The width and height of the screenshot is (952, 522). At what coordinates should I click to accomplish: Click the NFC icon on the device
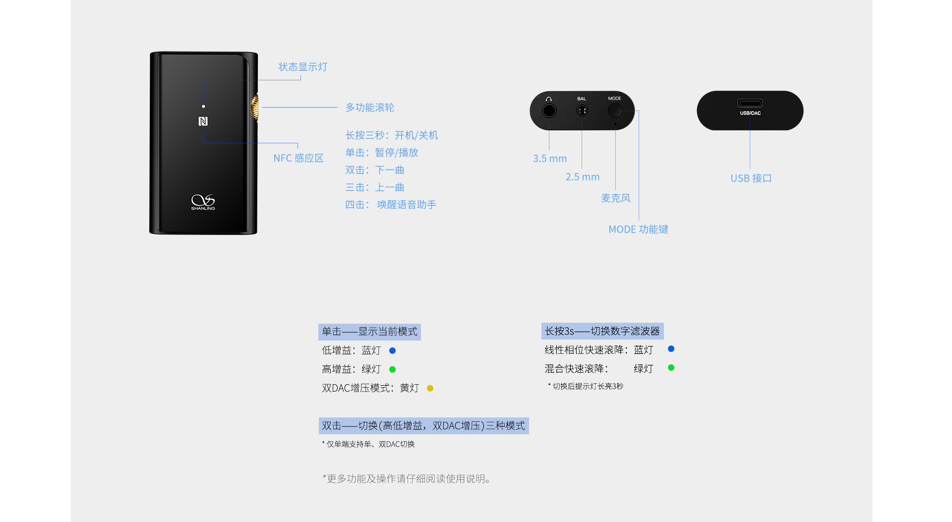pyautogui.click(x=203, y=121)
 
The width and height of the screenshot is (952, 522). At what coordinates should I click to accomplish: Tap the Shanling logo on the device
pyautogui.click(x=203, y=202)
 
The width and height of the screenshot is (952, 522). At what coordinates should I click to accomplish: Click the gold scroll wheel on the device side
pyautogui.click(x=255, y=108)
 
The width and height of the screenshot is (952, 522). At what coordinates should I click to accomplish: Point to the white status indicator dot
pyautogui.click(x=203, y=106)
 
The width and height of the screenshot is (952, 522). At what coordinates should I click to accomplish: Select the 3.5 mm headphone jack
pyautogui.click(x=549, y=111)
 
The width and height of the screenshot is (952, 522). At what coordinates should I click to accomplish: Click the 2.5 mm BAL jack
pyautogui.click(x=582, y=111)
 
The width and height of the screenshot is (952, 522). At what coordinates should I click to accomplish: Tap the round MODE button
pyautogui.click(x=615, y=110)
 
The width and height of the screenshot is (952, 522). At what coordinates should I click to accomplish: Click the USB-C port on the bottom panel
pyautogui.click(x=750, y=103)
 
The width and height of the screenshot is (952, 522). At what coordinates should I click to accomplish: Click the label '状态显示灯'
pyautogui.click(x=303, y=67)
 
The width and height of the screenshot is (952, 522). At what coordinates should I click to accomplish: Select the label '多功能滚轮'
pyautogui.click(x=370, y=108)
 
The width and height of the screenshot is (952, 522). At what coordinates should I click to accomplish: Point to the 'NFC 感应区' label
pyautogui.click(x=298, y=158)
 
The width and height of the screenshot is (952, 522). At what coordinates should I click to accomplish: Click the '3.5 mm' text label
pyautogui.click(x=550, y=159)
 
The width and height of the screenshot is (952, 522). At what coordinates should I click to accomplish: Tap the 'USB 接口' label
pyautogui.click(x=751, y=178)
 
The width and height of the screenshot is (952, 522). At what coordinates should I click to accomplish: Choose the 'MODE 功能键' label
pyautogui.click(x=639, y=230)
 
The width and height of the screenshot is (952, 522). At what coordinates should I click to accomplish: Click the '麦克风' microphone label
pyautogui.click(x=616, y=198)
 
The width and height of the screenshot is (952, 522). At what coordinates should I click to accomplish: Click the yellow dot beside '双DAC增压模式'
pyautogui.click(x=430, y=388)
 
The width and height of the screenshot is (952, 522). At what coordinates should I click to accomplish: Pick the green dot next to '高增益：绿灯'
pyautogui.click(x=393, y=369)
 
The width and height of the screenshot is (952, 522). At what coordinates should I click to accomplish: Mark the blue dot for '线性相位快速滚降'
pyautogui.click(x=671, y=349)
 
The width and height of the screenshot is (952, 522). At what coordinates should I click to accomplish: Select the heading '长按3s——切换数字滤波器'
pyautogui.click(x=602, y=331)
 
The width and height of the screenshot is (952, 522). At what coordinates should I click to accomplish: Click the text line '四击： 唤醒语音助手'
pyautogui.click(x=391, y=205)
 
